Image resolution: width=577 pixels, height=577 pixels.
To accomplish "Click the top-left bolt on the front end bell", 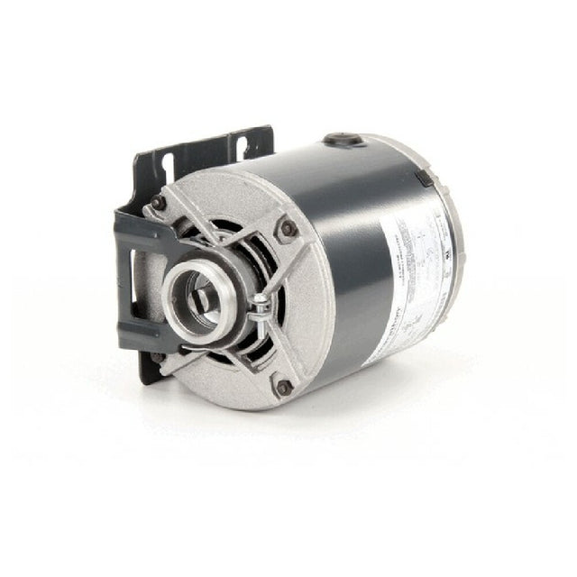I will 160,202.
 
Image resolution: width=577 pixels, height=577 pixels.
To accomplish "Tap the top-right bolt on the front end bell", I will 290,228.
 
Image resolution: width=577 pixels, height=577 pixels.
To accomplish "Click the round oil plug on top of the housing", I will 343,141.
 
